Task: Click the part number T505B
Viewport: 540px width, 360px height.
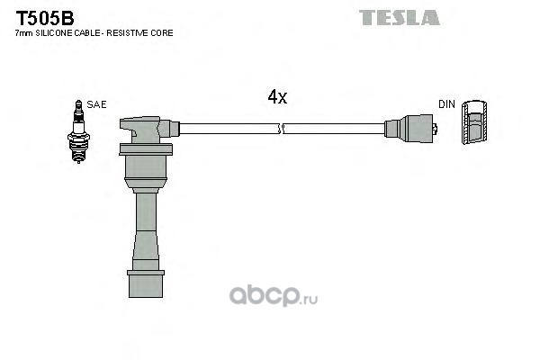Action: coord(45,18)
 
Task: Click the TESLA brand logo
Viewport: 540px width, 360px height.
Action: coord(399,18)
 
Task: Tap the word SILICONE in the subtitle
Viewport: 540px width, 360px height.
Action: coord(53,33)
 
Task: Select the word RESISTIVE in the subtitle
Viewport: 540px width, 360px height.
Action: coord(127,33)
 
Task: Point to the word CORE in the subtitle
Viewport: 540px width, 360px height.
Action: coord(161,33)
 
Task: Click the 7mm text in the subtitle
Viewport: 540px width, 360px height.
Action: coord(24,33)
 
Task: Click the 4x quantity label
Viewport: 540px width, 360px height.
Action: coord(277,97)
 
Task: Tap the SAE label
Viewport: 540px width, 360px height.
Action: coord(96,104)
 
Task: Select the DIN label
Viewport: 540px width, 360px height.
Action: coord(446,104)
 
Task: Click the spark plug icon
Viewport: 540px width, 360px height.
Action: coord(78,131)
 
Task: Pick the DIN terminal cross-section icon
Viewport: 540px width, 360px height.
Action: coord(474,122)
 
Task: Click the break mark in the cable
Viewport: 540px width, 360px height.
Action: coord(280,129)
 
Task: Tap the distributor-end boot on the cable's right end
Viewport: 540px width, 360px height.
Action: coord(410,129)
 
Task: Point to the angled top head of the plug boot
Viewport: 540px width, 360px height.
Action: coord(148,130)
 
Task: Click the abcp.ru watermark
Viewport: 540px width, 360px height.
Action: coord(274,296)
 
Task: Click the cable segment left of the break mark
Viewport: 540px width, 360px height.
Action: coord(229,129)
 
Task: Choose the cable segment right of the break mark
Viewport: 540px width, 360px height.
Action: coord(334,129)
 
